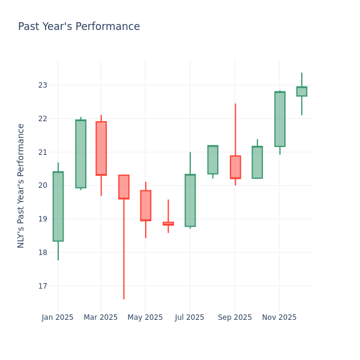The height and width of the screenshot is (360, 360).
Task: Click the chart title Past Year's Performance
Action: tap(79, 27)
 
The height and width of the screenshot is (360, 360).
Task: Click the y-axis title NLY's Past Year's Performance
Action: tap(21, 185)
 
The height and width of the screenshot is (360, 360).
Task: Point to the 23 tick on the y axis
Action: tap(43, 85)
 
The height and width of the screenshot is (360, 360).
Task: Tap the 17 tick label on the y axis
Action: tap(43, 286)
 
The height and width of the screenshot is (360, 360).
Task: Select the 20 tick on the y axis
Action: tap(43, 185)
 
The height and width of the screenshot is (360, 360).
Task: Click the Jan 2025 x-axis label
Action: tap(58, 317)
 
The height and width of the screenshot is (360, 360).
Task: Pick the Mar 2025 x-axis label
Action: tap(101, 317)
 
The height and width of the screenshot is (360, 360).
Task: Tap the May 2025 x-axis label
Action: tap(145, 317)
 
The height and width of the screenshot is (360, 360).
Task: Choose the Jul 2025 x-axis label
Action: tap(190, 317)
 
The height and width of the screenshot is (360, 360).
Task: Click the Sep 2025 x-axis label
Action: tap(235, 317)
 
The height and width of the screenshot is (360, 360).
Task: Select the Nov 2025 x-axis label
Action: tap(279, 317)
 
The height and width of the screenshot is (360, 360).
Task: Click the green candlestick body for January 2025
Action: tap(58, 206)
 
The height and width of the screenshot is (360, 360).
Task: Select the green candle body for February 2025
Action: tap(80, 154)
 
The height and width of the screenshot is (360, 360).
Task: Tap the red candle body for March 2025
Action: tap(101, 148)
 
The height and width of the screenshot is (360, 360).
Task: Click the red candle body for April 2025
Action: tap(124, 187)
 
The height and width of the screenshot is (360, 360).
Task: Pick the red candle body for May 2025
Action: tap(145, 205)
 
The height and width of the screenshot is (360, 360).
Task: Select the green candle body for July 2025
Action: tap(190, 200)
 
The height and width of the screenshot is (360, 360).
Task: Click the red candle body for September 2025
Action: tap(235, 167)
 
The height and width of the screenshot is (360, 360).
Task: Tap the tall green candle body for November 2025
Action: tap(280, 119)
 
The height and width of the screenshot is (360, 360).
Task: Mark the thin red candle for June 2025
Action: tap(168, 223)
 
